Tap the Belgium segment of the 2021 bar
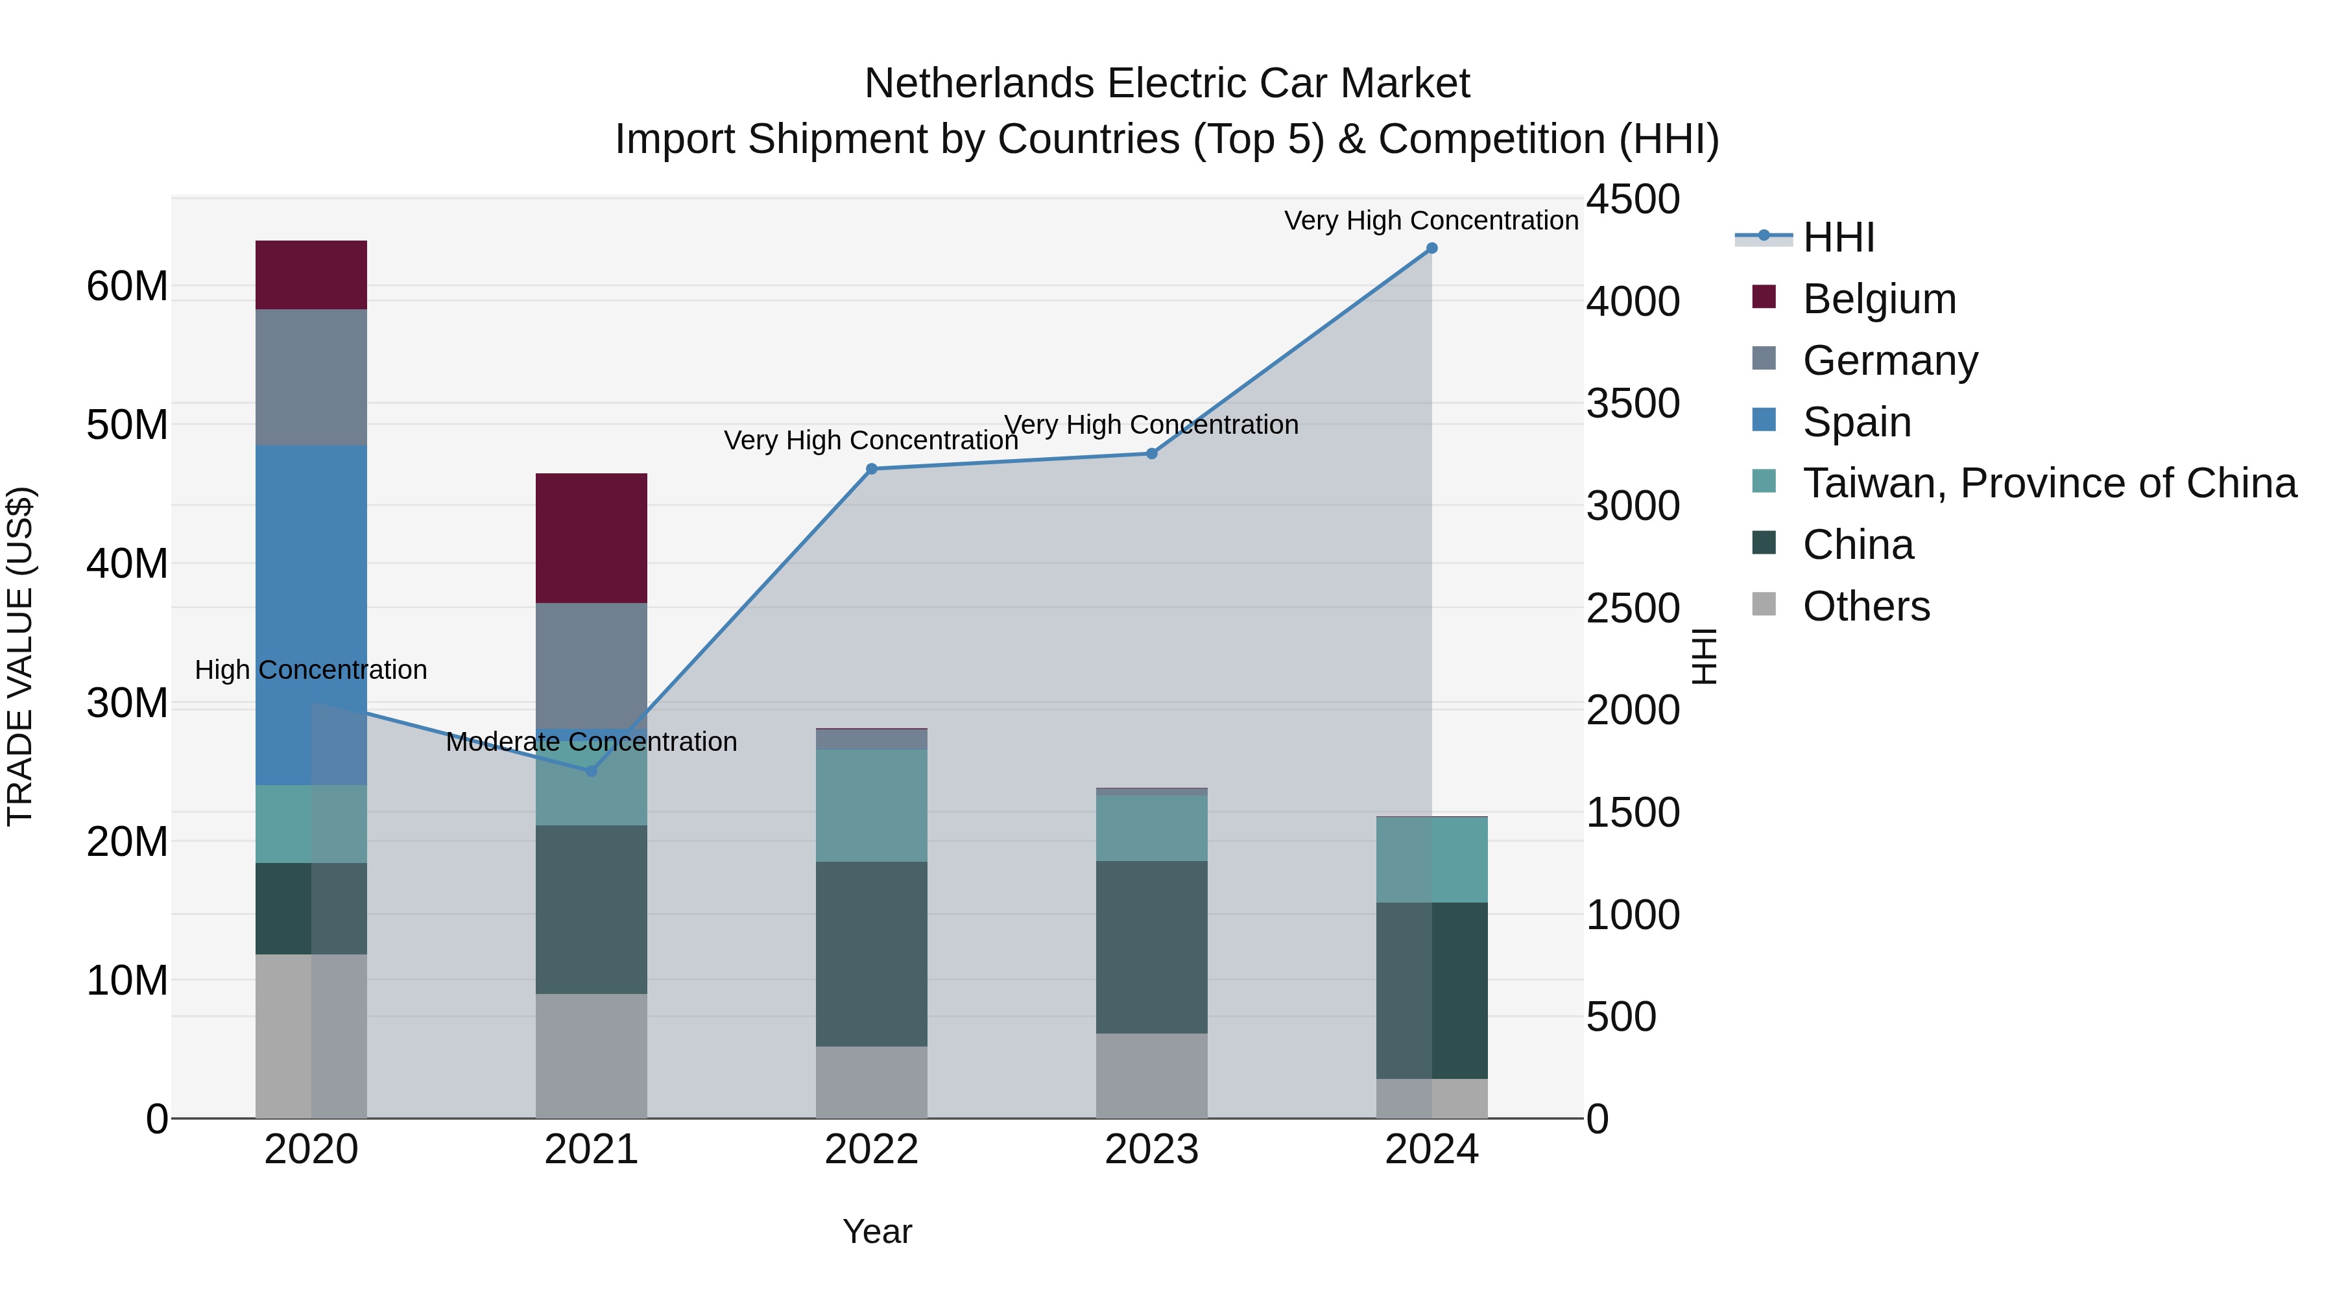591,538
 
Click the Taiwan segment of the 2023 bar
1151,827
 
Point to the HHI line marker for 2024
1431,248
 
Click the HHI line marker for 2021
591,771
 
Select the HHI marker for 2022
871,469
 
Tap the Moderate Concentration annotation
591,742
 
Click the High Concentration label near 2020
311,670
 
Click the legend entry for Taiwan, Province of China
2048,483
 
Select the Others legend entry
1865,606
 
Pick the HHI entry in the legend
1838,237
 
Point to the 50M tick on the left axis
127,425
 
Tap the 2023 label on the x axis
1151,1150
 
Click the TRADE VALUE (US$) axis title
20,656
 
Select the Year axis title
876,1231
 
